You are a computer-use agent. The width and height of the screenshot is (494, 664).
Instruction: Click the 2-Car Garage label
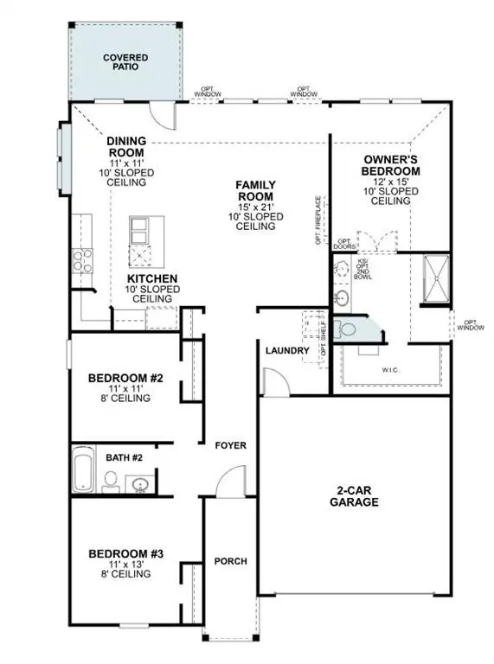point(355,495)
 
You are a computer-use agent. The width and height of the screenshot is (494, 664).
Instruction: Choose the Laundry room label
point(287,350)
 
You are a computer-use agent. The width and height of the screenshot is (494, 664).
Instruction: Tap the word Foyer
point(231,445)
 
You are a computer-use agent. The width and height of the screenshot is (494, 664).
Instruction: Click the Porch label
point(230,561)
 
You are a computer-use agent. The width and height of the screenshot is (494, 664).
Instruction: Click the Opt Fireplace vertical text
point(319,221)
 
